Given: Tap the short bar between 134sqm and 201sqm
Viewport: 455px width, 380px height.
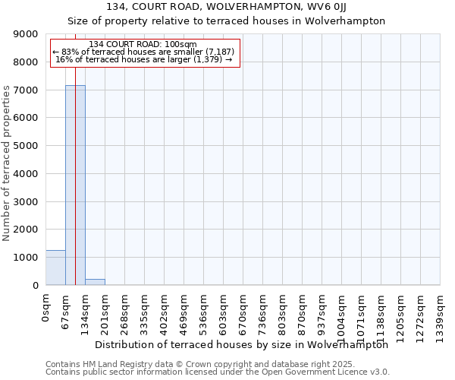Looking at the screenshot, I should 95,282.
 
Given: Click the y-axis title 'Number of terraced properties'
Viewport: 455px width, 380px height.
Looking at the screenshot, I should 7,163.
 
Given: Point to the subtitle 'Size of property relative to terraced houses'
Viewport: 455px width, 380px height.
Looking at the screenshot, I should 227,21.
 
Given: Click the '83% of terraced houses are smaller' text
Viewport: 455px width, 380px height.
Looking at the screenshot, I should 144,52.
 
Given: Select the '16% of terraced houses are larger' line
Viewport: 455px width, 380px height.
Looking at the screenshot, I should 144,59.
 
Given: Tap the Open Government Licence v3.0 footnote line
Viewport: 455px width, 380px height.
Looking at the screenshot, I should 218,372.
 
